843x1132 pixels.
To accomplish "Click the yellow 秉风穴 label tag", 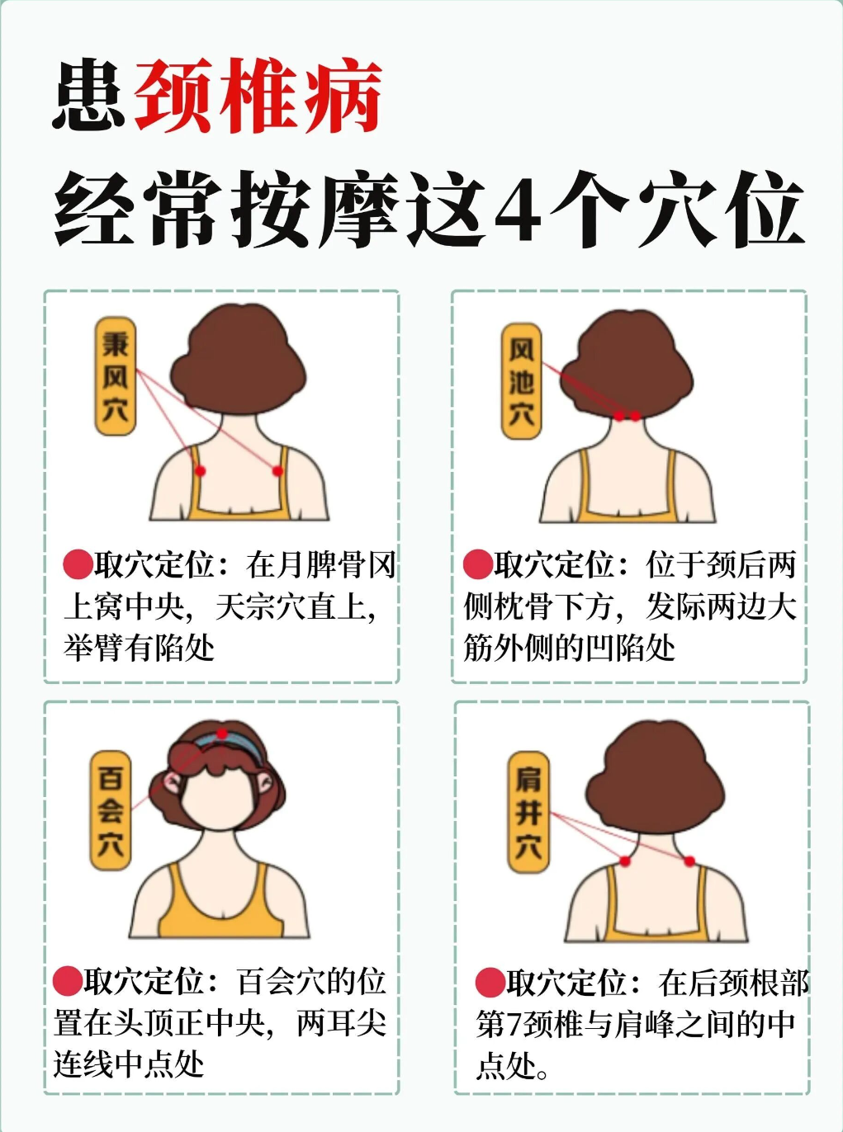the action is pos(116,376).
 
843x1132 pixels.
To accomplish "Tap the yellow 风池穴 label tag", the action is pos(521,380).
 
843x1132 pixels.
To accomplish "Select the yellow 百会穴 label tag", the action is pos(111,810).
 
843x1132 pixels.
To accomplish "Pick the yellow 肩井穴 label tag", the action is pos(528,813).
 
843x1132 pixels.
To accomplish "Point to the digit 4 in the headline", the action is pos(518,210).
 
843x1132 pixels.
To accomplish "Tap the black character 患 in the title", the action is pos(89,96).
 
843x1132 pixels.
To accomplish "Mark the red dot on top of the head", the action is pos(221,733).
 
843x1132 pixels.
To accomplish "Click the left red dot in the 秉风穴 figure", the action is pos(201,470).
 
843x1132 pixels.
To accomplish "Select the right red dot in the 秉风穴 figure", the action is pos(277,470).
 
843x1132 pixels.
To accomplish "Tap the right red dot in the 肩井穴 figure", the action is pos(689,861).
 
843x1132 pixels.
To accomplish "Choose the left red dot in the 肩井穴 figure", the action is pos(624,861).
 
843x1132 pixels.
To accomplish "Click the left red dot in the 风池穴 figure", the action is pos(619,416).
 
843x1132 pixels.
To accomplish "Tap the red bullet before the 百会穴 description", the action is pos(68,981).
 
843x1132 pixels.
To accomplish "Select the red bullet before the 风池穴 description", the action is pos(478,564).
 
